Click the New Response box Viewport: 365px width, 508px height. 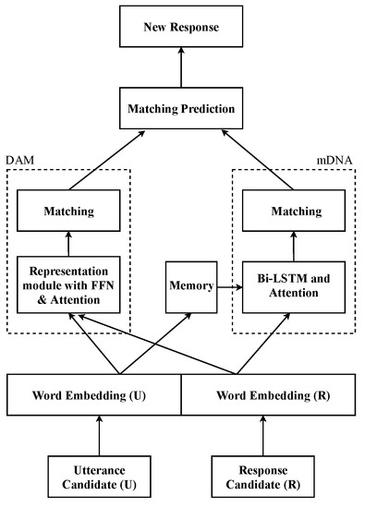[x=182, y=27]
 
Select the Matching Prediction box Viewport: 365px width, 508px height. [x=182, y=109]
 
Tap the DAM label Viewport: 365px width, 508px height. [x=20, y=161]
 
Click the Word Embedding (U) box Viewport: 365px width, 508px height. [x=92, y=396]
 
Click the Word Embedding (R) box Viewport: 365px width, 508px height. [x=271, y=396]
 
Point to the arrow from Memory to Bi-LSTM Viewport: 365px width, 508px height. [x=228, y=285]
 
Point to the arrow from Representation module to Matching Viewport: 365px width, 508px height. [x=68, y=244]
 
